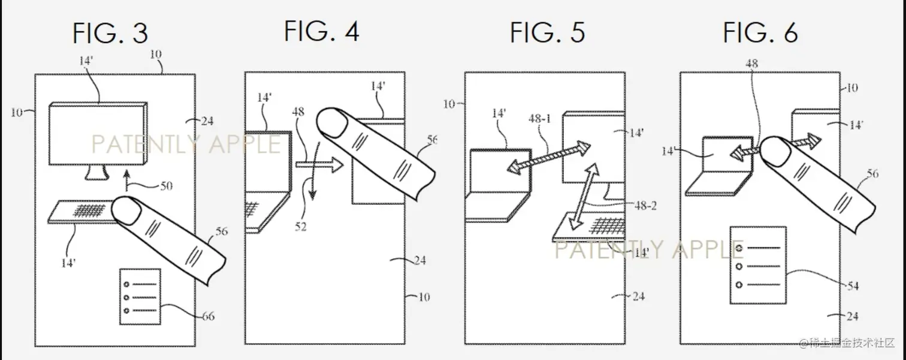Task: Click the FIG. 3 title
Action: [110, 33]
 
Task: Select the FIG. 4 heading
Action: [322, 31]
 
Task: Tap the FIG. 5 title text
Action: [547, 32]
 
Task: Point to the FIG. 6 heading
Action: [760, 32]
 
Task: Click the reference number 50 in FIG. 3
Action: [166, 186]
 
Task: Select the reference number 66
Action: [209, 316]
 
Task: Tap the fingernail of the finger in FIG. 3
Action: [126, 211]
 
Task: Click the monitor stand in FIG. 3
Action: [96, 173]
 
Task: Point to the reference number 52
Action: [301, 226]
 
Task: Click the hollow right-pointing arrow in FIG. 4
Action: [319, 165]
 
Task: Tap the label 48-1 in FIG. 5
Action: [539, 119]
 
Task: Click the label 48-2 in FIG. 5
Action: [645, 206]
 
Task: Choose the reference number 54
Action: [853, 286]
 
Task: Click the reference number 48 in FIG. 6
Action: [751, 63]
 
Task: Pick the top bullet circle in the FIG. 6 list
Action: [739, 247]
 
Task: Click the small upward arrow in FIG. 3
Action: [127, 180]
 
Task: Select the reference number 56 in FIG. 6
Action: [872, 174]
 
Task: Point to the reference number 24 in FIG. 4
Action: [420, 260]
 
